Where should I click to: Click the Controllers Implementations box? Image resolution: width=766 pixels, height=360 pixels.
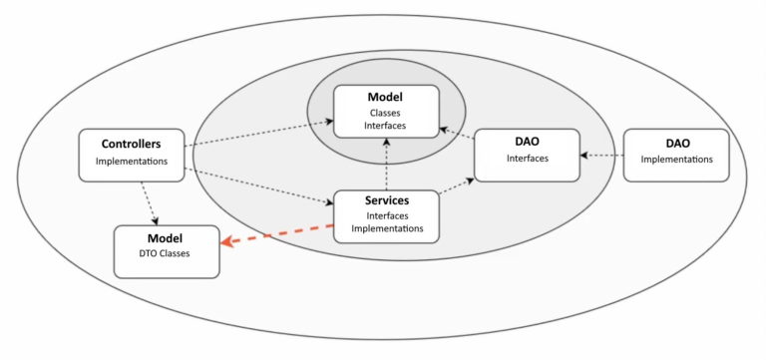(131, 154)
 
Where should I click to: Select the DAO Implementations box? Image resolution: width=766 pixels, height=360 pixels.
(676, 154)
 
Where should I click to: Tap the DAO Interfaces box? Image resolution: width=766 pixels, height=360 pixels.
(526, 154)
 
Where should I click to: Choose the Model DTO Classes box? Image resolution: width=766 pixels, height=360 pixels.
(166, 250)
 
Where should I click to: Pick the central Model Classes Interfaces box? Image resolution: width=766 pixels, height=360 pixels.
(385, 111)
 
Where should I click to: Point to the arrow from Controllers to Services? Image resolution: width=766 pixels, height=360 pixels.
(259, 186)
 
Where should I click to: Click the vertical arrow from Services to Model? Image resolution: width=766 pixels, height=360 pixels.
(385, 164)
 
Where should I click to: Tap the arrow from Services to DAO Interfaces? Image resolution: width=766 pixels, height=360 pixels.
(456, 187)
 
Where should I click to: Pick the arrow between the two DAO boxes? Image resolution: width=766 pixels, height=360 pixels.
(600, 155)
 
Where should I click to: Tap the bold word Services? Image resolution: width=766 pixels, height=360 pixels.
(385, 200)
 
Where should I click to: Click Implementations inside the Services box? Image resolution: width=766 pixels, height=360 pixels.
(385, 228)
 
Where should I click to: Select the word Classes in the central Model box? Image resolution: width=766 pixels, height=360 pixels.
(385, 113)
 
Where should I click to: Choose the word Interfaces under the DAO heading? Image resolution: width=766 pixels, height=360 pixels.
(526, 160)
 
